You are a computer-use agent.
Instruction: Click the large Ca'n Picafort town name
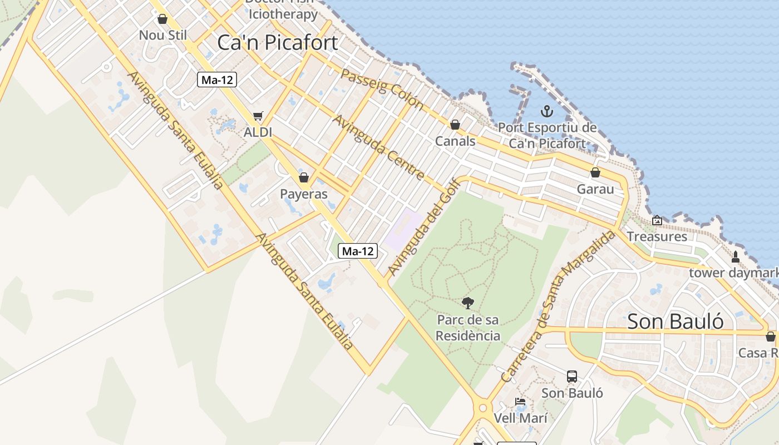coord(277,43)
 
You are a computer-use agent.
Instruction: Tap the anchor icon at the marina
coord(547,111)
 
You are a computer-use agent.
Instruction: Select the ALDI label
coord(258,132)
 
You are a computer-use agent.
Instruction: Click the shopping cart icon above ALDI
coord(258,116)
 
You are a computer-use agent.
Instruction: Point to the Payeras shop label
coord(303,194)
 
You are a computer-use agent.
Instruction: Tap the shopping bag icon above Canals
coord(455,125)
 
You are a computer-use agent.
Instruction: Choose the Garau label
coord(595,189)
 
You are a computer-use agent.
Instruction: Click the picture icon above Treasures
coord(657,220)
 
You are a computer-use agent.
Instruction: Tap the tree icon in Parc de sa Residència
coord(468,303)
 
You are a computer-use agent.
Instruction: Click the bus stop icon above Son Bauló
coord(572,377)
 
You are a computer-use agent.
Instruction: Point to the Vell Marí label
coord(520,418)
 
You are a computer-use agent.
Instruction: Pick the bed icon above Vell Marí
coord(520,402)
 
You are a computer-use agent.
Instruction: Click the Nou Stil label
coord(162,35)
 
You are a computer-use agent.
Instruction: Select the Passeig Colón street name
coord(382,89)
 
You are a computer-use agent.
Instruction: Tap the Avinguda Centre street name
coord(378,147)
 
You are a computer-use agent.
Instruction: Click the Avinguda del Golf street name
coord(424,227)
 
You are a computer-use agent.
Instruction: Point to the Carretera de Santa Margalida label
coord(558,306)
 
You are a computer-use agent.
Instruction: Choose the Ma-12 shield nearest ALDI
coord(217,80)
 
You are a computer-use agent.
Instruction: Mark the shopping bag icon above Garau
coord(595,172)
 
